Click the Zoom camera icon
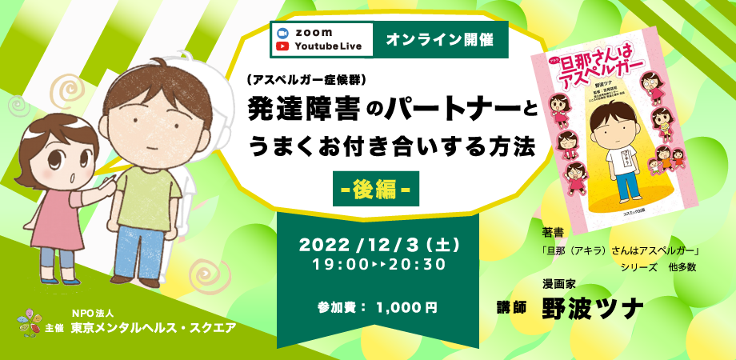282,32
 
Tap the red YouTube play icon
282,46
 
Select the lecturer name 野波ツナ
593,306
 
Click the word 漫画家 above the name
559,282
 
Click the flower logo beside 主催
28,324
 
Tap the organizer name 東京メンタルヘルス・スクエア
152,328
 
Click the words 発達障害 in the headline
293,109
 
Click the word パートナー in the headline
424,109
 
